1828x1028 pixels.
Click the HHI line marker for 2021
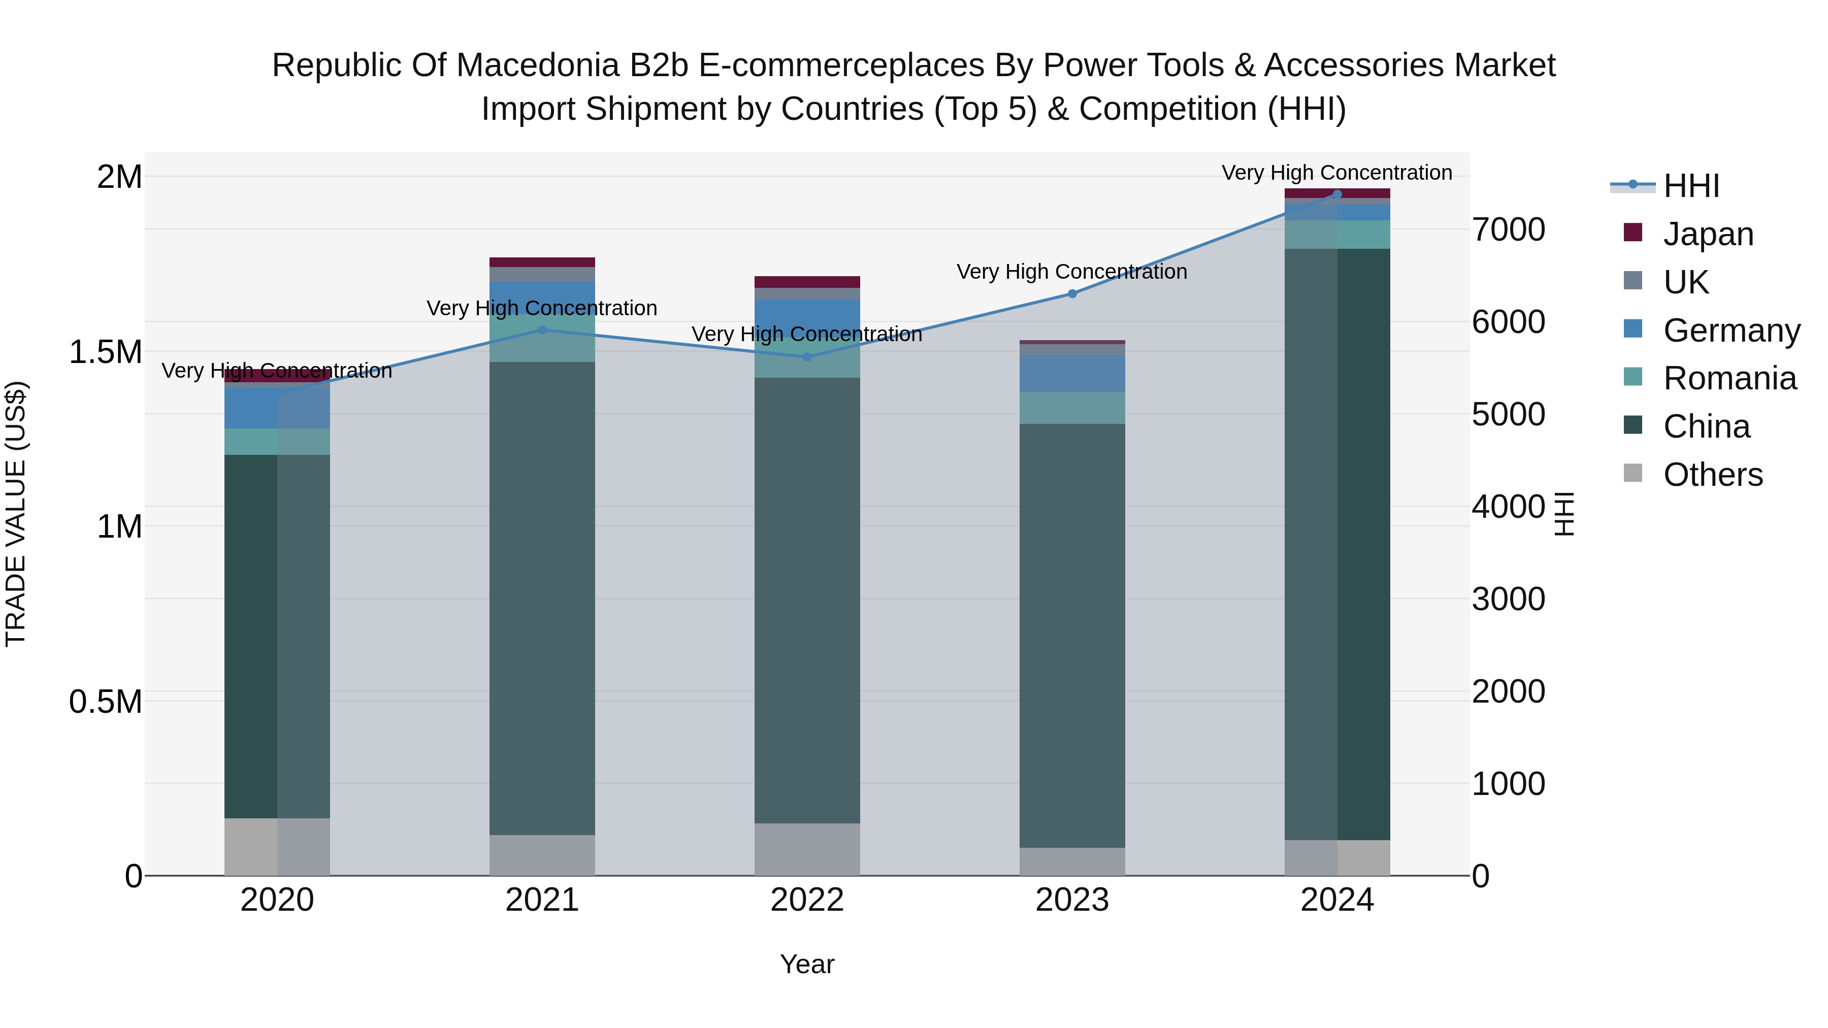tap(542, 330)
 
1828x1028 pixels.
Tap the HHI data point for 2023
tap(1072, 294)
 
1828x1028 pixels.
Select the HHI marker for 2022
tap(807, 357)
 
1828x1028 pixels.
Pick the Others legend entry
tap(1712, 475)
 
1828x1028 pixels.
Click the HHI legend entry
tap(1690, 186)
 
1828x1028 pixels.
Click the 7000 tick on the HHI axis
tap(1508, 230)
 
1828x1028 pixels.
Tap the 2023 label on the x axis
tap(1071, 900)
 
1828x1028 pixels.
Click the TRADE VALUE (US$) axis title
tap(16, 514)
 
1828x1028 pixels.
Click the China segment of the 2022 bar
tap(807, 600)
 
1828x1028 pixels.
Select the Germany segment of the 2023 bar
tap(1072, 373)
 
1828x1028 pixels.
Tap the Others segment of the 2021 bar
tap(542, 855)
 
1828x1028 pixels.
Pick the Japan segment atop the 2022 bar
tap(807, 282)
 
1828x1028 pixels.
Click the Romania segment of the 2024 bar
tap(1337, 234)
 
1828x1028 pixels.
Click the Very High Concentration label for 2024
tap(1336, 173)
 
